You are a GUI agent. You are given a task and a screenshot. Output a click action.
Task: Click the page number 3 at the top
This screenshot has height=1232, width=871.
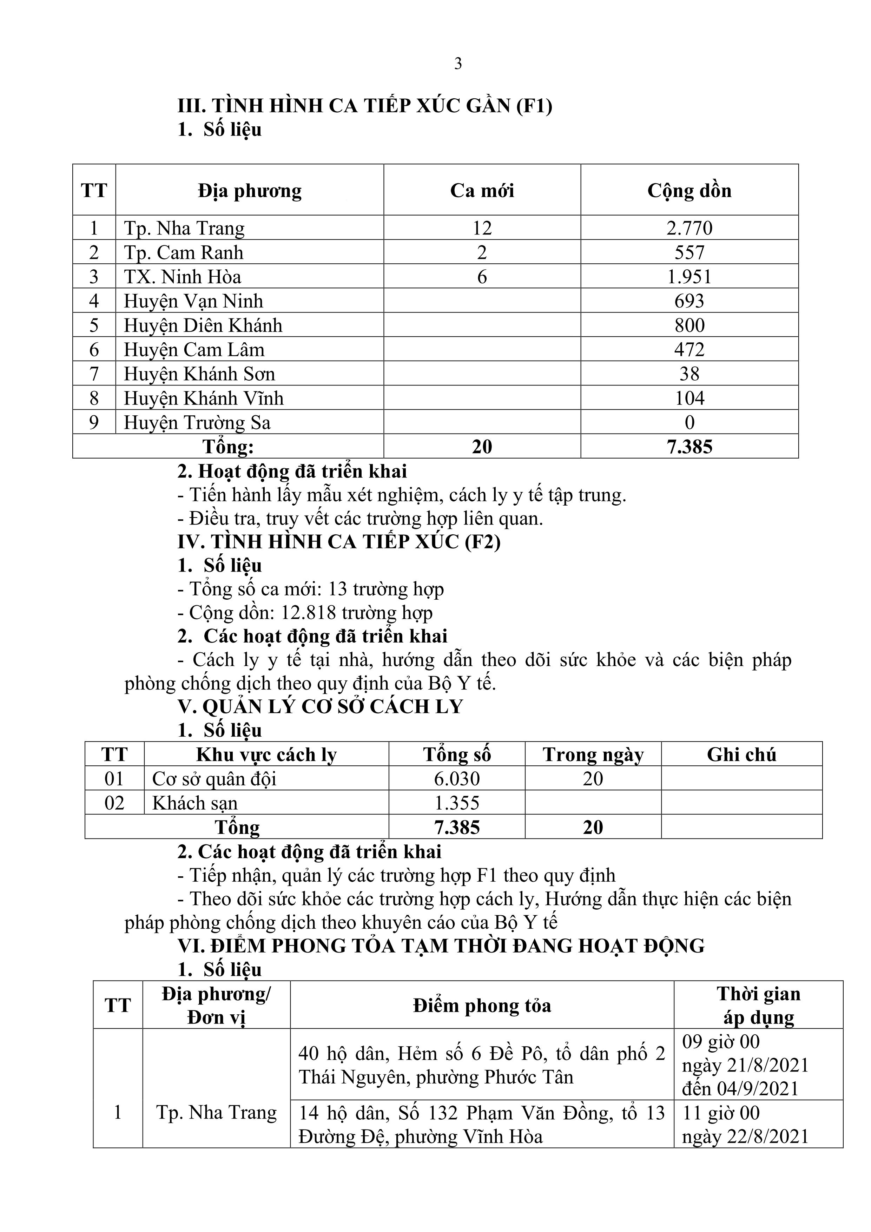click(x=458, y=64)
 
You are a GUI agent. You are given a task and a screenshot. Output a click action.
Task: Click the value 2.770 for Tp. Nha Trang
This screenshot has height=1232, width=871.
click(x=689, y=228)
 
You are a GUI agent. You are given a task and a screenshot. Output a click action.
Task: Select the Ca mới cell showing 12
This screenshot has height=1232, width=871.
click(x=482, y=228)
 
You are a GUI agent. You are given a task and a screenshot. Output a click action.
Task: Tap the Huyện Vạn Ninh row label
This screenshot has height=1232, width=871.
click(x=194, y=301)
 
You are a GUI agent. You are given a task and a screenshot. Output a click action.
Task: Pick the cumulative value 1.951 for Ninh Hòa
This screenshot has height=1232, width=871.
click(x=689, y=277)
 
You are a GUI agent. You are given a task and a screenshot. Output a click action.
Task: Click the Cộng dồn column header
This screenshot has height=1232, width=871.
click(x=689, y=191)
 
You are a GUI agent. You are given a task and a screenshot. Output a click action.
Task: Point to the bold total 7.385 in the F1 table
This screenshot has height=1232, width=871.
click(x=689, y=447)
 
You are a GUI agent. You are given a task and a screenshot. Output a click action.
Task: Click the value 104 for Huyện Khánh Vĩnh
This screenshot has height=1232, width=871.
click(x=689, y=398)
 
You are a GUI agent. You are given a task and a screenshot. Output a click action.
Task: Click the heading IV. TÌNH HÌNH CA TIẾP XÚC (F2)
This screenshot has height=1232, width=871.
click(x=339, y=542)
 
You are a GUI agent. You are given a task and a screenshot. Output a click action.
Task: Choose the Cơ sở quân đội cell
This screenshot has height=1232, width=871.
click(x=214, y=779)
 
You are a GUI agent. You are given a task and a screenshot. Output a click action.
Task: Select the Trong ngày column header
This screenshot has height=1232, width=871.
click(x=593, y=755)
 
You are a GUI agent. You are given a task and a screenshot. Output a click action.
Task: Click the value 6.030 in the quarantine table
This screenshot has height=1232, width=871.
click(x=457, y=779)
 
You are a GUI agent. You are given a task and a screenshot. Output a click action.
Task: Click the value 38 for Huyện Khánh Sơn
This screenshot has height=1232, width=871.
click(x=689, y=374)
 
